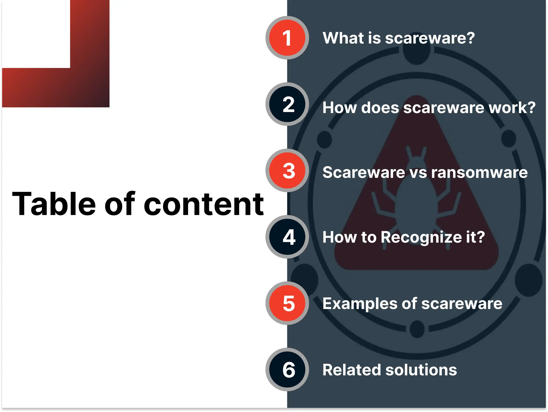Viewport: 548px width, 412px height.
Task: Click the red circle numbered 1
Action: [287, 38]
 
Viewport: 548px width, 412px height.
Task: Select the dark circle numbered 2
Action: [287, 104]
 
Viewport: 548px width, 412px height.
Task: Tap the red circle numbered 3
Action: [287, 170]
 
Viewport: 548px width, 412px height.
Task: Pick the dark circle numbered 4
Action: [287, 237]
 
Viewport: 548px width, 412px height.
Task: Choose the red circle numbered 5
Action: [287, 303]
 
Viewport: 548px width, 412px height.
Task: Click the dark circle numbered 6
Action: [287, 369]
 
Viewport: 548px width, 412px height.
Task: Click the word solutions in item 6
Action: [421, 370]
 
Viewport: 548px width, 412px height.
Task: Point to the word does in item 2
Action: [380, 108]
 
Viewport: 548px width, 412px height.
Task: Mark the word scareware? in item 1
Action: [430, 38]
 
